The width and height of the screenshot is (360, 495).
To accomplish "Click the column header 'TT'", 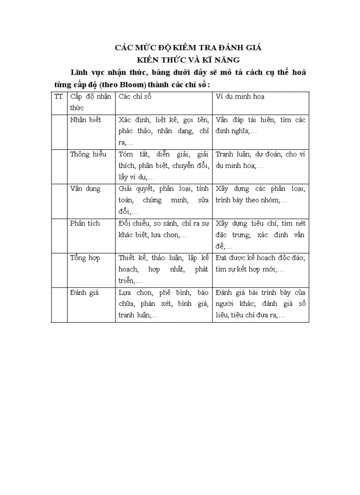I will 58,97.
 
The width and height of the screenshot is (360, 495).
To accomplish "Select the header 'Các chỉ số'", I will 135,97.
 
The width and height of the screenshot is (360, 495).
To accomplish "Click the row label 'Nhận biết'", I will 86,120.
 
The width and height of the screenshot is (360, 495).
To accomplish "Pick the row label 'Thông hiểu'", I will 88,154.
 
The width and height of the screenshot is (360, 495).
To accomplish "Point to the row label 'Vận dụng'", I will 85,189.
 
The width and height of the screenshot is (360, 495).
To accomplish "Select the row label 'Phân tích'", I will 85,223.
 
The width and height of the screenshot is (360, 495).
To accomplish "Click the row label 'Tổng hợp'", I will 85,257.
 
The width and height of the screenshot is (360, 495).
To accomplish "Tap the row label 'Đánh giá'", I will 84,292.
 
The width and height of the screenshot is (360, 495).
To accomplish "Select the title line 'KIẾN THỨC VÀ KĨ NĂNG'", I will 188,60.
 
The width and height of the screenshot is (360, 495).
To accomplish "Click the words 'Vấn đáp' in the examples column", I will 229,120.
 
